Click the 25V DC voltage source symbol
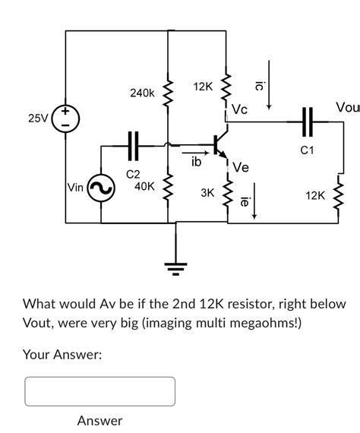pos(66,120)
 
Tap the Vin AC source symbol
pos(101,190)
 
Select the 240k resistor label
pos(142,93)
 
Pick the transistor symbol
pos(220,144)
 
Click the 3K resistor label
pos(207,193)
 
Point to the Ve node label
pos(241,167)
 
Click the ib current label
pos(196,161)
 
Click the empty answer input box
pos(100,391)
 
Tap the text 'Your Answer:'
pos(62,354)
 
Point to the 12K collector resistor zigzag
pos(226,90)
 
